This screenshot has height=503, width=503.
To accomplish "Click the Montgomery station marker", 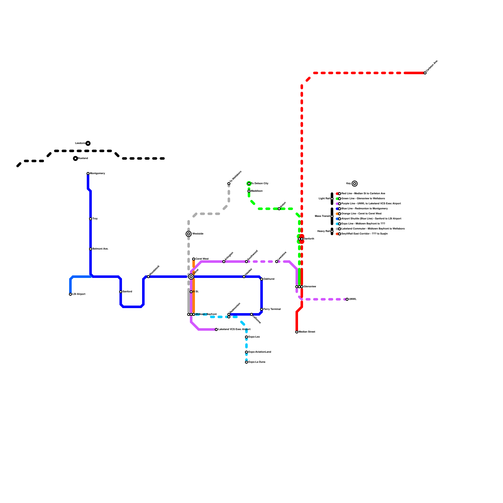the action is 88,174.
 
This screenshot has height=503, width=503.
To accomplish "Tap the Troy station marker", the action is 91,219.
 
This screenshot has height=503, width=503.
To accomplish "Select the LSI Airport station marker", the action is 70,294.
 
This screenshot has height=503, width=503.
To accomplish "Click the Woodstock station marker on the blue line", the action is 148,277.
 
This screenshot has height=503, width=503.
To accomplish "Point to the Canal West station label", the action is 202,259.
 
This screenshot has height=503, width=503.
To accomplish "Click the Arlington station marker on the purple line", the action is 224,262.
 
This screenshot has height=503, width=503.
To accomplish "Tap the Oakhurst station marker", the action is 262,279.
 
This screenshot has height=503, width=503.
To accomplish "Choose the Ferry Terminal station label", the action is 272,309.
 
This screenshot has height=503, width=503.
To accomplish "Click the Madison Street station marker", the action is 297,332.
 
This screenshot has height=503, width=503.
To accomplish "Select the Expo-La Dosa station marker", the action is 246,362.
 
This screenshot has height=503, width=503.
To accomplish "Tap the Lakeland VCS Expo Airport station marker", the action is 216,329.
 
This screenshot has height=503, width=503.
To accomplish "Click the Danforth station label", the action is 309,239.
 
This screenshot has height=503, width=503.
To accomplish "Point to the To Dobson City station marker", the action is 249,184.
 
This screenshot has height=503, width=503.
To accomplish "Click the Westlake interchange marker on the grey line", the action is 189,234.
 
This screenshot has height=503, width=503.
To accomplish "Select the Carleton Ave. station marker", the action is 425,73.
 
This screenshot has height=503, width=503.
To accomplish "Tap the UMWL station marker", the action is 347,299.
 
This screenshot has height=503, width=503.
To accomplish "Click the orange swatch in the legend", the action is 337,214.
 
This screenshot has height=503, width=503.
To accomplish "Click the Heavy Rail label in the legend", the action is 323,231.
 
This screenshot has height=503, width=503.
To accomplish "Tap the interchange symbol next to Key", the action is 355,184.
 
